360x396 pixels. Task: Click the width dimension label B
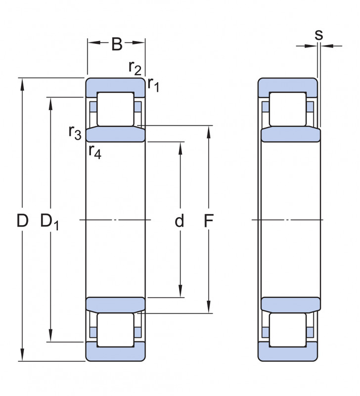pos(117,44)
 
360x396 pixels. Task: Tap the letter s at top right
pos(318,35)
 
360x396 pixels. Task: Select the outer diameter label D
pos(22,220)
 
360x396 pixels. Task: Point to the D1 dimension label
pos(50,221)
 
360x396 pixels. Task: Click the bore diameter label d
pos(180,220)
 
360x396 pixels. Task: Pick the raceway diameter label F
pos(209,220)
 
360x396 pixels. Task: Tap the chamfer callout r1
pos(153,85)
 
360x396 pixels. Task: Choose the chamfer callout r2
pos(135,68)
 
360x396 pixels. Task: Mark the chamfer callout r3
pos(75,133)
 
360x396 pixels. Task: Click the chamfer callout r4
pos(95,152)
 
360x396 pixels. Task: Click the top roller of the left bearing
pos(116,109)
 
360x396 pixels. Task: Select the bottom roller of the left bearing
pos(116,330)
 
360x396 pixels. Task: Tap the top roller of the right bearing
pos(288,109)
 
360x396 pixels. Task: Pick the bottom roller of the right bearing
pos(288,330)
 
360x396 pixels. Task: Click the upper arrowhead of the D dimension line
pos(22,84)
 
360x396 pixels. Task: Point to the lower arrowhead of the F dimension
pos(209,307)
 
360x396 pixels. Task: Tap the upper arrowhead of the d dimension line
pos(180,148)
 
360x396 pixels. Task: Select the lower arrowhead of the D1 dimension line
pos(51,336)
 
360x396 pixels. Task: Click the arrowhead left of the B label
pos(94,43)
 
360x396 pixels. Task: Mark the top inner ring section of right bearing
pos(291,134)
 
